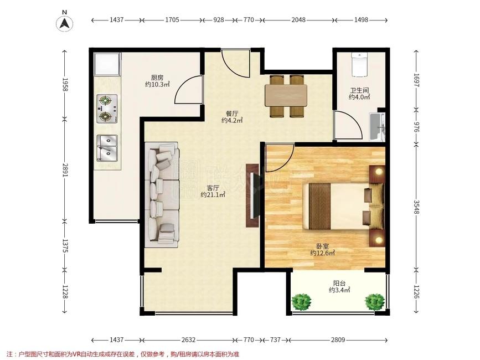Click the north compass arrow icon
click(x=65, y=23)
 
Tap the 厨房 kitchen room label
click(x=157, y=78)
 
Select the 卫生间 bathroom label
click(x=359, y=91)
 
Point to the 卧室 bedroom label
click(x=322, y=246)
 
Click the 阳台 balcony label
click(x=339, y=284)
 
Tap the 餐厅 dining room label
click(x=232, y=114)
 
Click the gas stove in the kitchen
click(x=107, y=109)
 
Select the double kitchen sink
click(x=107, y=148)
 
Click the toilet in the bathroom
click(x=359, y=64)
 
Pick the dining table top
click(x=286, y=95)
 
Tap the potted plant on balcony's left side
click(x=302, y=302)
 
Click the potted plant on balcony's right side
click(x=375, y=302)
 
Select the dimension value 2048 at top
click(x=298, y=20)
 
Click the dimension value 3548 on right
click(x=416, y=207)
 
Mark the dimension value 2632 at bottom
click(x=188, y=340)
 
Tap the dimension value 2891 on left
click(x=65, y=169)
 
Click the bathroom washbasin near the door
click(x=377, y=126)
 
